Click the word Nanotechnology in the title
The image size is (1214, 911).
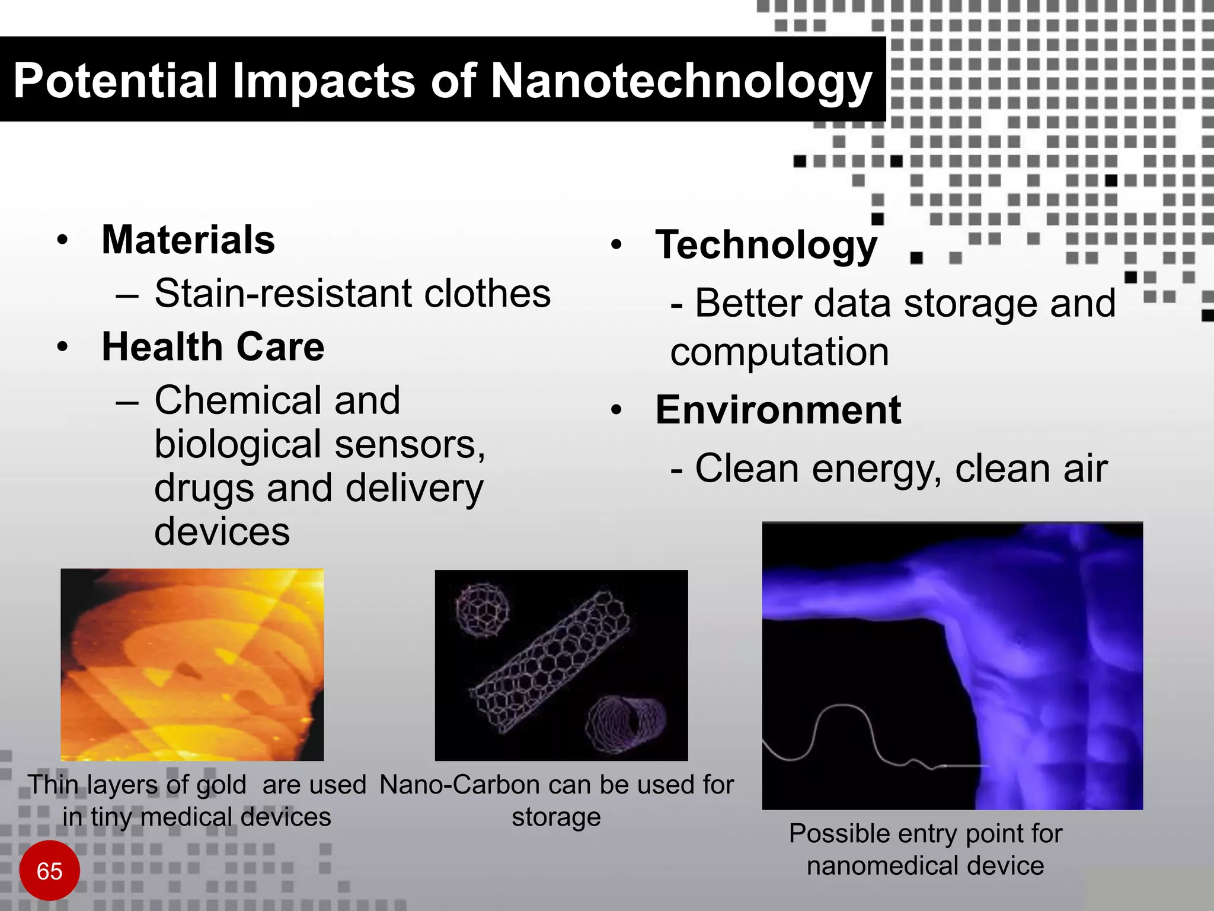click(681, 81)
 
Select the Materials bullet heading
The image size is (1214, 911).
click(188, 240)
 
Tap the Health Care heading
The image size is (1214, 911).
click(213, 347)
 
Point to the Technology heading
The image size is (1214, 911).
click(766, 245)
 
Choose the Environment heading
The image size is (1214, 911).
click(778, 410)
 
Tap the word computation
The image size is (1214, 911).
click(779, 352)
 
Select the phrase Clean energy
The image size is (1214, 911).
click(818, 469)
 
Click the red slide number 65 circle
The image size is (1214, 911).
click(49, 871)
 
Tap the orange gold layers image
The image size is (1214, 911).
click(192, 664)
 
